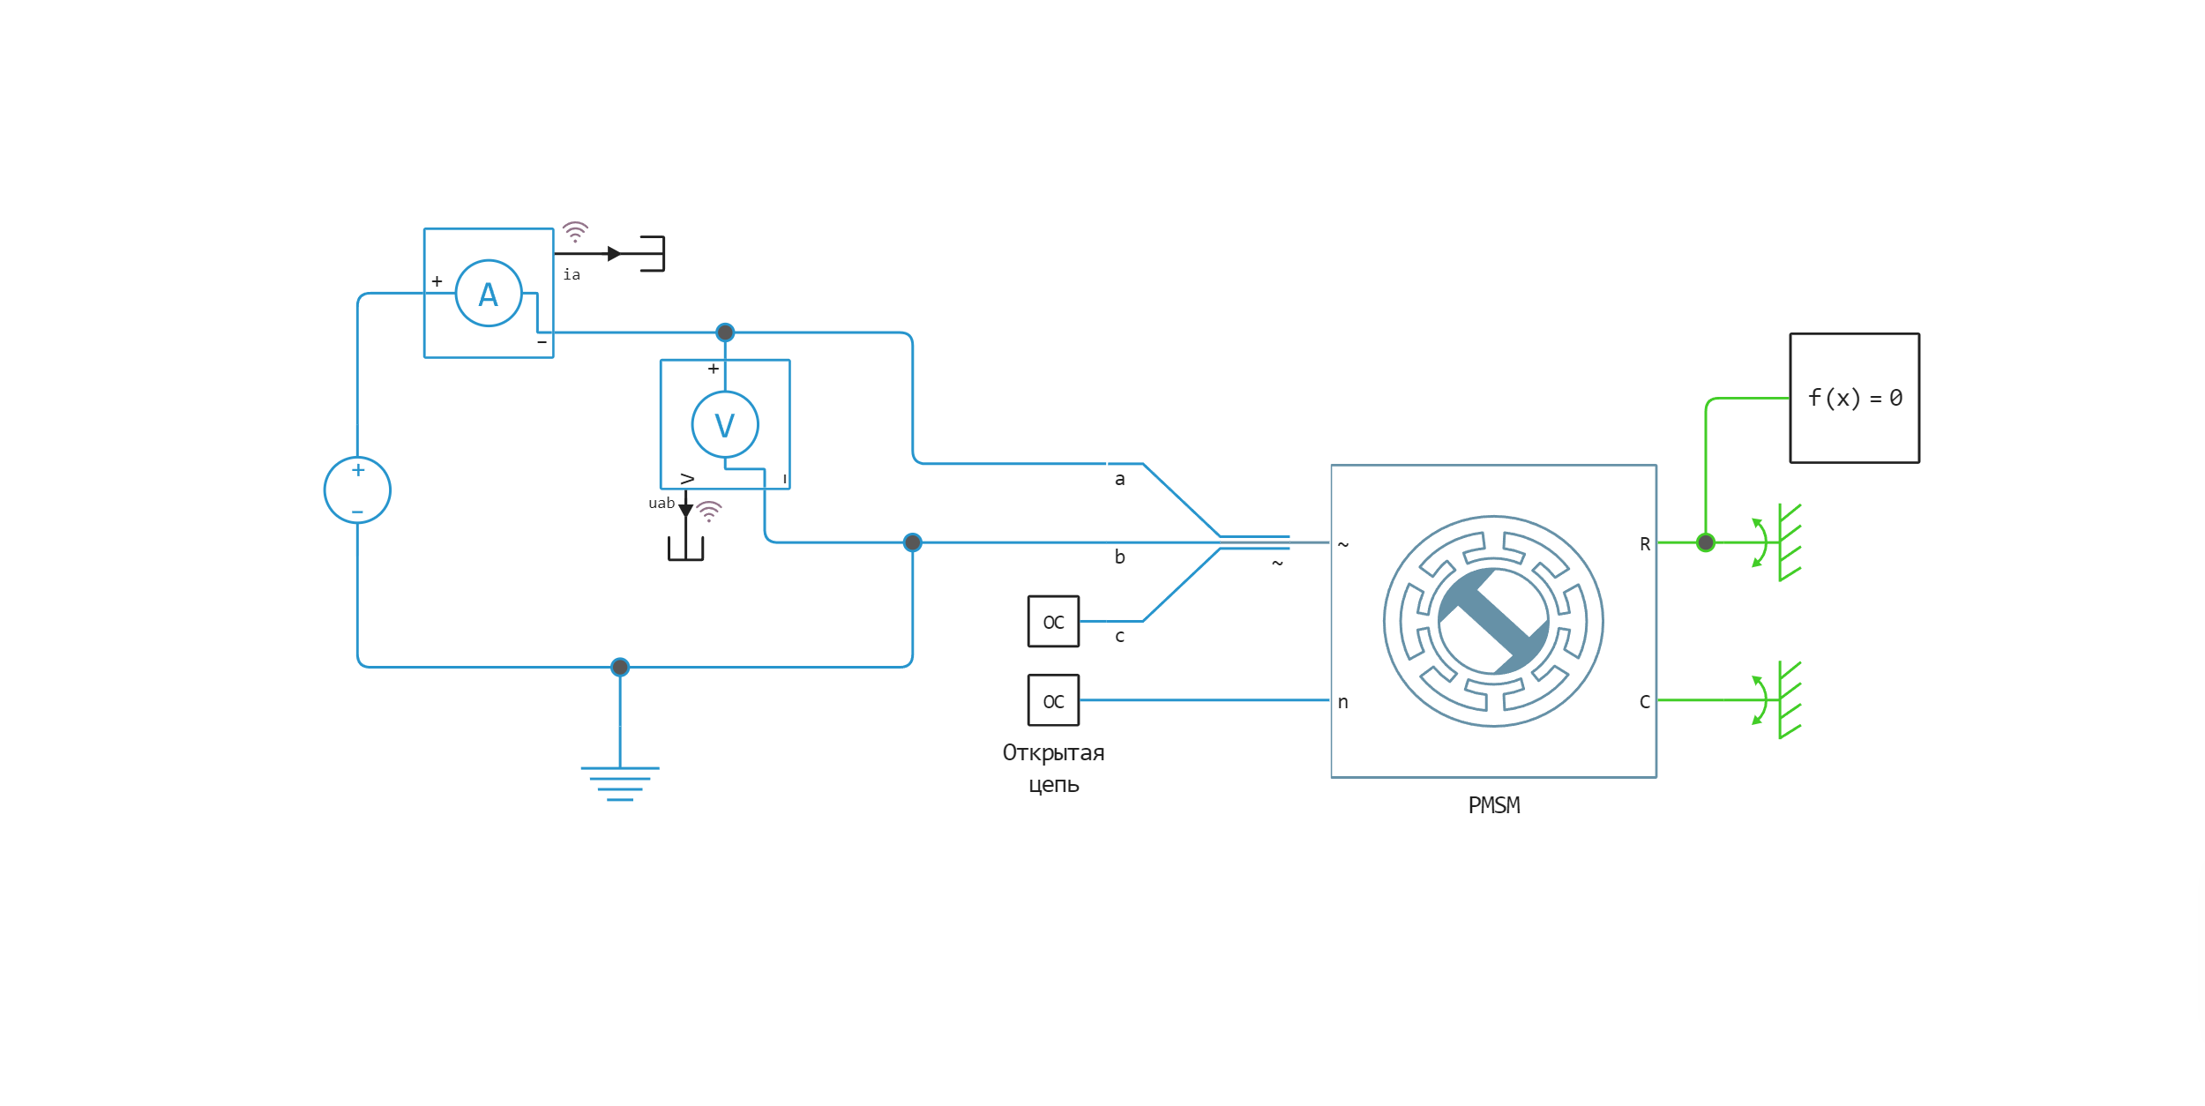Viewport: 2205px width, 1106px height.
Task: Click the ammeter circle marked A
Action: (x=489, y=294)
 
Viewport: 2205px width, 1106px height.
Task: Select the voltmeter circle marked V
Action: (x=725, y=425)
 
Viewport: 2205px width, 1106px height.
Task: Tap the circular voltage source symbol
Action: (x=357, y=490)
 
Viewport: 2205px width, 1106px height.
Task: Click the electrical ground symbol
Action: (x=620, y=782)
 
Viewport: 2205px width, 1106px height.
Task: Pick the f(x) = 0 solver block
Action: (x=1854, y=398)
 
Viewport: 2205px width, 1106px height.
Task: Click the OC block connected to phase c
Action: (x=1053, y=622)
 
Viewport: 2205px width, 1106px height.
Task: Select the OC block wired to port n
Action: (x=1053, y=701)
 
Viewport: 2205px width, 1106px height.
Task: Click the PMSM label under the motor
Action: (x=1494, y=805)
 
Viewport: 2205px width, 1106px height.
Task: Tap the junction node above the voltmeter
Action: (x=725, y=333)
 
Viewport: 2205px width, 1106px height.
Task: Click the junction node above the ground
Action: (x=620, y=667)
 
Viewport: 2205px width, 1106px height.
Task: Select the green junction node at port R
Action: (x=1706, y=542)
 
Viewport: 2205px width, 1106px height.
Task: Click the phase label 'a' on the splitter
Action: (x=1119, y=480)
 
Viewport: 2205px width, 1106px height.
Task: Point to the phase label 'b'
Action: (x=1119, y=557)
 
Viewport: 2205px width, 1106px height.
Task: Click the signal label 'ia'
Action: (x=572, y=275)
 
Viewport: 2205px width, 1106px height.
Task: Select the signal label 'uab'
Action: (x=661, y=504)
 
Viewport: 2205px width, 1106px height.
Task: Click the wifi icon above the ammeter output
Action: (x=575, y=232)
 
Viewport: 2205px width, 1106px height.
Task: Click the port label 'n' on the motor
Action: (x=1342, y=702)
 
